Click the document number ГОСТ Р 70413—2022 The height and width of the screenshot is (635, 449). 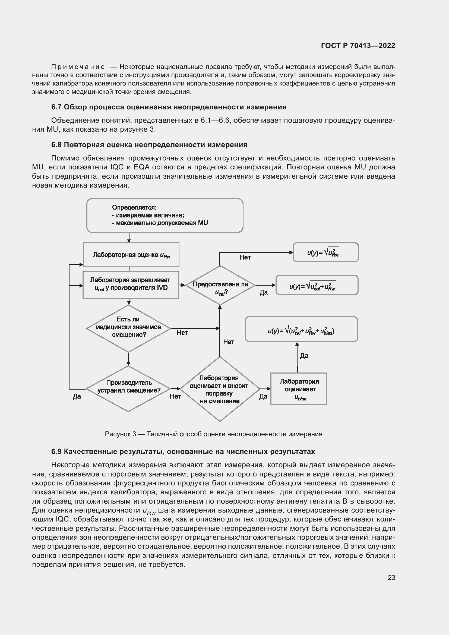click(x=358, y=46)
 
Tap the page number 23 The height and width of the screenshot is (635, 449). click(x=391, y=577)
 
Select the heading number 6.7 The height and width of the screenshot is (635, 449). click(x=56, y=107)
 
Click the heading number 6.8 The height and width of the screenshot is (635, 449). click(x=56, y=145)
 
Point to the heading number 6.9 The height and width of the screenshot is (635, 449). click(x=56, y=452)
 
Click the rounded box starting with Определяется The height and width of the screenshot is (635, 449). click(x=165, y=216)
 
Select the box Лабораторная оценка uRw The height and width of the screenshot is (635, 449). click(x=131, y=255)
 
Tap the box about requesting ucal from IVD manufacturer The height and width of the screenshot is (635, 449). click(x=131, y=285)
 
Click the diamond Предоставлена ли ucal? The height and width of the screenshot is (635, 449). click(x=220, y=285)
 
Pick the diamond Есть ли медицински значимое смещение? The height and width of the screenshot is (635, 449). click(x=128, y=328)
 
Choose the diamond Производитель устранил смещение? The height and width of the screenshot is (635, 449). click(x=128, y=389)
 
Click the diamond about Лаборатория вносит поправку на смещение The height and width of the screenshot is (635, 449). click(x=220, y=389)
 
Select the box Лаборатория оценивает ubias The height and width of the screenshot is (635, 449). click(x=299, y=389)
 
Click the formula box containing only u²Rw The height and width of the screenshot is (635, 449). click(x=326, y=252)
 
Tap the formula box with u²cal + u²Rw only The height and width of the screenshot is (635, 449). click(x=317, y=285)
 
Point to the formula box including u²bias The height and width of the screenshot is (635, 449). click(x=301, y=329)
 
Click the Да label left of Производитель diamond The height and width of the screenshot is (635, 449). click(x=77, y=397)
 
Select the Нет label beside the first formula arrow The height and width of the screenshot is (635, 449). click(x=245, y=257)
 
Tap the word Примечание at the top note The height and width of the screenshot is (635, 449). click(x=78, y=67)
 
